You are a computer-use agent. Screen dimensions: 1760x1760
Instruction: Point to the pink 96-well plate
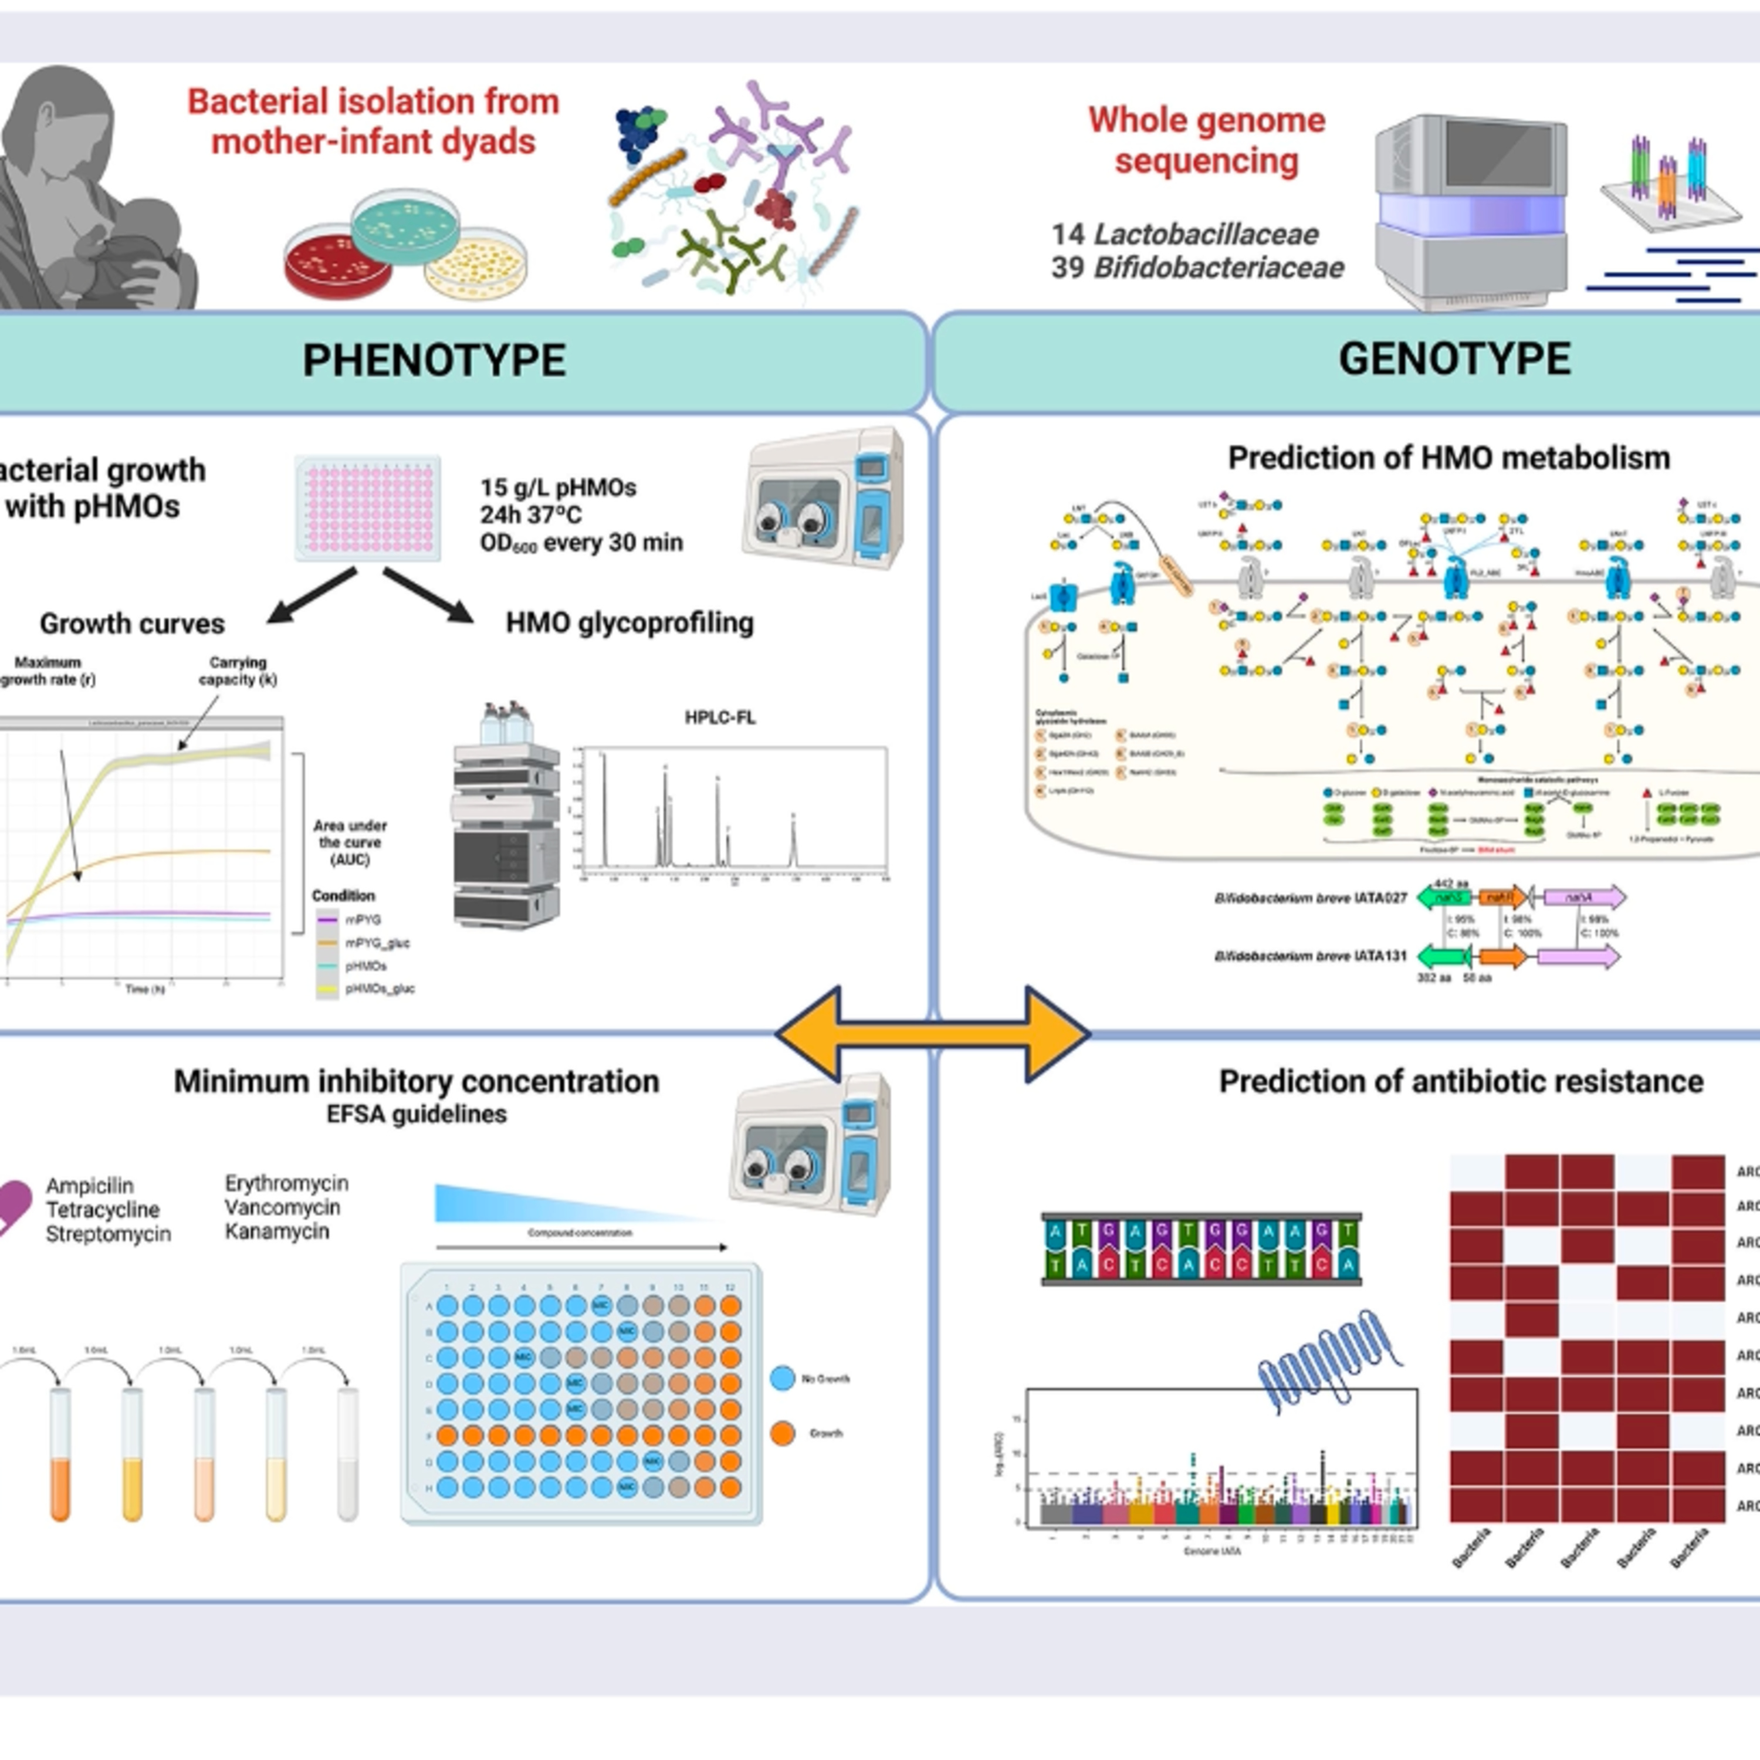tap(368, 507)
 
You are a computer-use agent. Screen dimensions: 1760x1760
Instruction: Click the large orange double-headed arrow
tap(932, 1034)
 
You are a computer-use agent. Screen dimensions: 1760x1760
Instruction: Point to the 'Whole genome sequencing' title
tap(1206, 140)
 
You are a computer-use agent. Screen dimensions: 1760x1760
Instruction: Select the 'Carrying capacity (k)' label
tap(238, 671)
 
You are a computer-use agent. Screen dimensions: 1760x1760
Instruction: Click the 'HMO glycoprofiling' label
tap(629, 623)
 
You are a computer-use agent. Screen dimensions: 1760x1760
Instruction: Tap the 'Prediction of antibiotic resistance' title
tap(1460, 1081)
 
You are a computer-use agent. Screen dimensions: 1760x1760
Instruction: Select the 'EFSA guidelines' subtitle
tap(417, 1113)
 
